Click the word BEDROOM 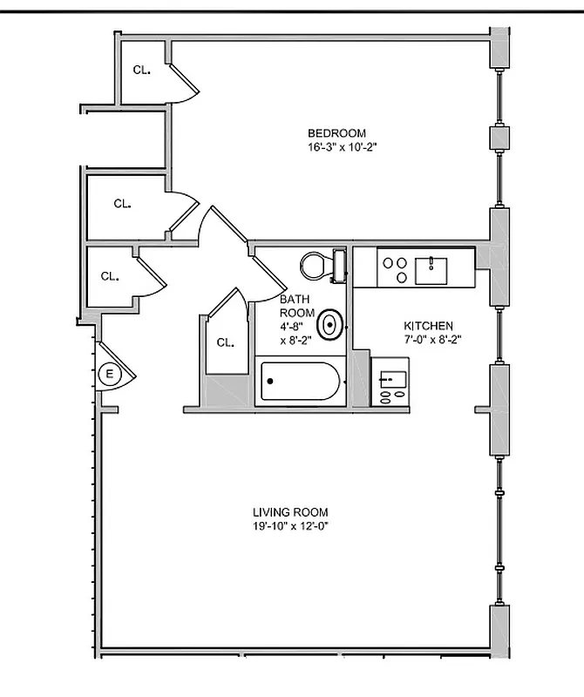click(x=336, y=133)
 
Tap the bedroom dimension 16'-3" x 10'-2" click(x=336, y=147)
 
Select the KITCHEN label click(x=427, y=325)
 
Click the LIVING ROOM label click(x=290, y=512)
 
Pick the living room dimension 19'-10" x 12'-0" click(x=290, y=526)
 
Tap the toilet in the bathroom click(x=317, y=265)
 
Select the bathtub click(x=299, y=382)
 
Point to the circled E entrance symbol click(x=110, y=376)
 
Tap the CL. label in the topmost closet click(x=142, y=70)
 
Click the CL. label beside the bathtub click(x=225, y=342)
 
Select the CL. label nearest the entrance click(x=109, y=276)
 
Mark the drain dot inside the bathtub click(x=270, y=382)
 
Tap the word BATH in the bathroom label click(x=294, y=299)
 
